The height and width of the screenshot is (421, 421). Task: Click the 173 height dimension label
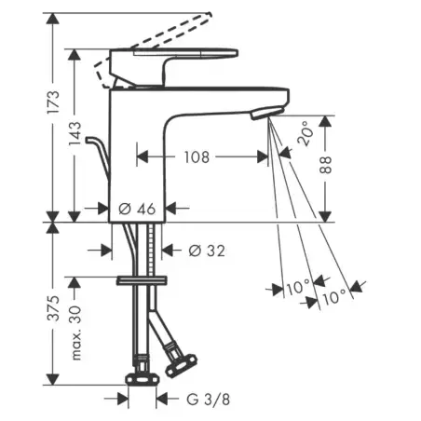coord(53,102)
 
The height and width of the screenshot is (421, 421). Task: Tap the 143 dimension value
coord(75,133)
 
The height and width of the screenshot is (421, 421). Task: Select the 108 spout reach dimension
coord(197,157)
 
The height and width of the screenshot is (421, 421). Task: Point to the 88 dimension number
coord(325,165)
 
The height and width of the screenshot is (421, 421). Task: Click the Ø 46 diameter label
coord(137,209)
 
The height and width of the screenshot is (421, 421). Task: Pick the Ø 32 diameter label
coord(207,251)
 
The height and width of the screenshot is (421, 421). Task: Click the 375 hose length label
coord(53,308)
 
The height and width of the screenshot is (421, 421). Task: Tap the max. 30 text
coord(75,333)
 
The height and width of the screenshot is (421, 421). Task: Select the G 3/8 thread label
coord(209,400)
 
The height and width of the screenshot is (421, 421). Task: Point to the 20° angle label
coord(306,133)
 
